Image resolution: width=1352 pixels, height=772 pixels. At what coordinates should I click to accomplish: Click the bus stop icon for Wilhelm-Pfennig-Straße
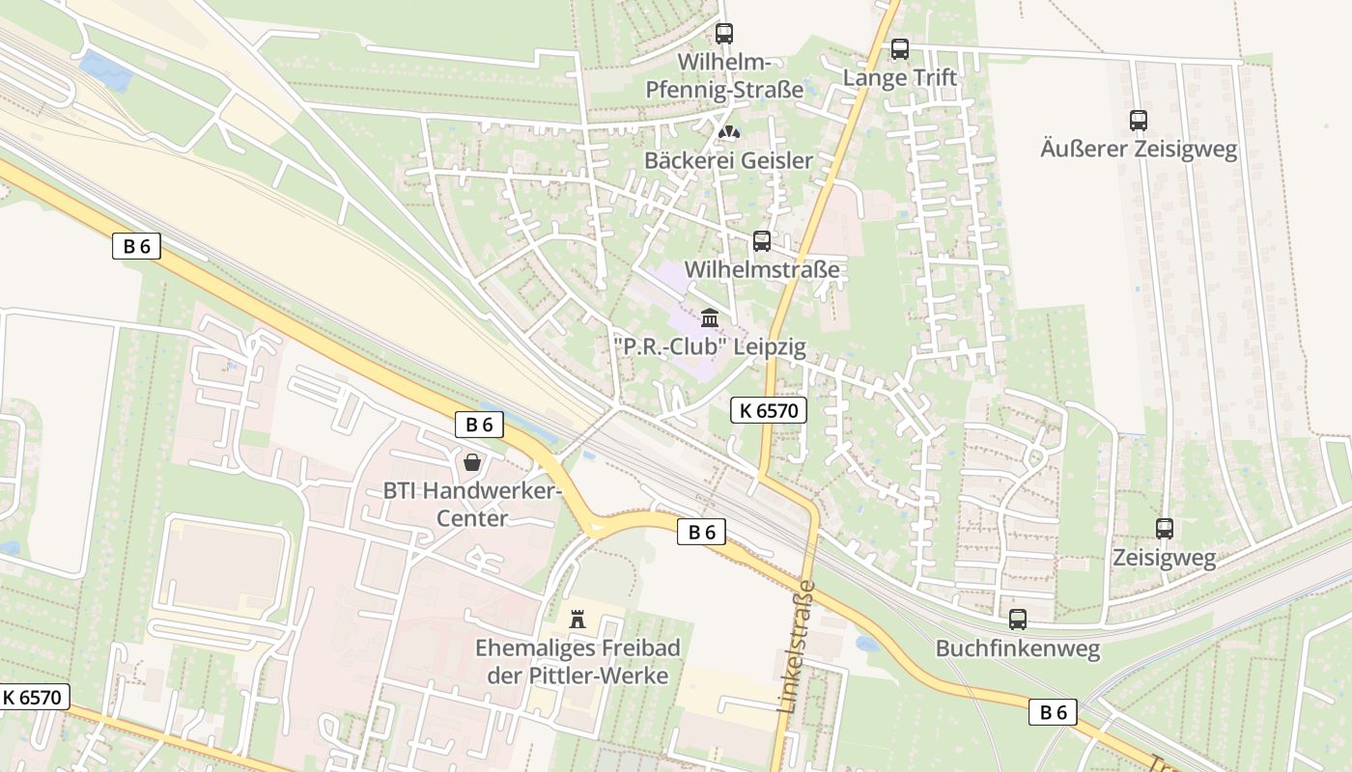pyautogui.click(x=724, y=34)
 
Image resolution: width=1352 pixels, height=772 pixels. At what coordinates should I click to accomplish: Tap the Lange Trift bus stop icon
pyautogui.click(x=900, y=48)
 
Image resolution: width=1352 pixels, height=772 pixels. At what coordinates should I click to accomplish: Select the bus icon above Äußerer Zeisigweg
pyautogui.click(x=1139, y=121)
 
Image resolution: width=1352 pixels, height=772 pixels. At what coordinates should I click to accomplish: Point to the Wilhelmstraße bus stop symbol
pyautogui.click(x=762, y=241)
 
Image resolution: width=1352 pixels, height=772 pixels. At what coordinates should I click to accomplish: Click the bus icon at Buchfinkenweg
pyautogui.click(x=1018, y=620)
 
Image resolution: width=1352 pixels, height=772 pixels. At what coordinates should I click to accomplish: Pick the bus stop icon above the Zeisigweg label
pyautogui.click(x=1165, y=529)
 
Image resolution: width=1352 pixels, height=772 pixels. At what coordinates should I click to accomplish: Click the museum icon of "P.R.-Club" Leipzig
pyautogui.click(x=710, y=317)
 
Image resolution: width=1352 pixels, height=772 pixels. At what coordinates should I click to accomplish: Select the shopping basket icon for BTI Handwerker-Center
pyautogui.click(x=472, y=462)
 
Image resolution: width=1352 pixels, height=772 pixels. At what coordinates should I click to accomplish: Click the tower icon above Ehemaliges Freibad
pyautogui.click(x=577, y=619)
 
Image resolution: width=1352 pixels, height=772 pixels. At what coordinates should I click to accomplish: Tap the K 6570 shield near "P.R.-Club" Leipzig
pyautogui.click(x=768, y=410)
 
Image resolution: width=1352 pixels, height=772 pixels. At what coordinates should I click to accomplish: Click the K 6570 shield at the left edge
pyautogui.click(x=35, y=697)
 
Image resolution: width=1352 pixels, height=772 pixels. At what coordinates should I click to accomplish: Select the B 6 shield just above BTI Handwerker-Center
pyautogui.click(x=479, y=425)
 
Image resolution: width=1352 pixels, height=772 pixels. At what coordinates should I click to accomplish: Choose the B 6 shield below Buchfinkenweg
pyautogui.click(x=1053, y=712)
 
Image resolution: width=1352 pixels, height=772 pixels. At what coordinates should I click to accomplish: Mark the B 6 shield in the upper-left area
pyautogui.click(x=136, y=246)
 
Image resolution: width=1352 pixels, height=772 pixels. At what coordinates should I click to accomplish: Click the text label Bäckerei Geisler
pyautogui.click(x=729, y=160)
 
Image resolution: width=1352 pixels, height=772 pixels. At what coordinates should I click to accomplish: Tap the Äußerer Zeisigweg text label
pyautogui.click(x=1139, y=150)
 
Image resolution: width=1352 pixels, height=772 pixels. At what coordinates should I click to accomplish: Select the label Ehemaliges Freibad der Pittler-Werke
pyautogui.click(x=577, y=662)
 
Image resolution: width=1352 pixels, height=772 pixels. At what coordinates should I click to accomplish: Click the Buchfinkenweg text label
pyautogui.click(x=1018, y=648)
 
